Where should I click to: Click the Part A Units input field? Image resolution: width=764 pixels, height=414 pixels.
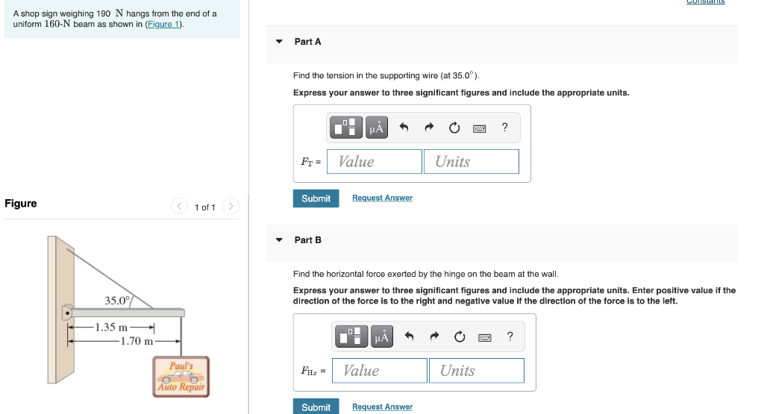pyautogui.click(x=472, y=162)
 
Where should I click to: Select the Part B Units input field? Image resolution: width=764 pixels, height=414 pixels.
pyautogui.click(x=476, y=371)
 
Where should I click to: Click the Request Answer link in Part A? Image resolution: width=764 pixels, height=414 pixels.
pyautogui.click(x=382, y=198)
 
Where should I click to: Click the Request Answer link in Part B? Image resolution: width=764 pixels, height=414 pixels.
pyautogui.click(x=382, y=407)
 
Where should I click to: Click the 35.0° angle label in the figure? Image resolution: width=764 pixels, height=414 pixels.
pyautogui.click(x=117, y=301)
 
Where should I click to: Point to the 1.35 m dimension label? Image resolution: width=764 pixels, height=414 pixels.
pyautogui.click(x=111, y=327)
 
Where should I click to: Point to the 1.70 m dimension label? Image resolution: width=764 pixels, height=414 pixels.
pyautogui.click(x=137, y=341)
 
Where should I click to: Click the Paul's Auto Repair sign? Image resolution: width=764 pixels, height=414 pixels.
pyautogui.click(x=181, y=377)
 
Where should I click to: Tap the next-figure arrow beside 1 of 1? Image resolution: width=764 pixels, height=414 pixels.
pyautogui.click(x=231, y=207)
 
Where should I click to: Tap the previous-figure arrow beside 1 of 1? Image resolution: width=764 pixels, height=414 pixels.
pyautogui.click(x=179, y=207)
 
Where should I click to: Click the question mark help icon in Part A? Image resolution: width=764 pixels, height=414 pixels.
pyautogui.click(x=505, y=128)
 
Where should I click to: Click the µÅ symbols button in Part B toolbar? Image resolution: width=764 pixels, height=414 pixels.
pyautogui.click(x=381, y=336)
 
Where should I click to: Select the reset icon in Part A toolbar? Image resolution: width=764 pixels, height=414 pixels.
pyautogui.click(x=454, y=128)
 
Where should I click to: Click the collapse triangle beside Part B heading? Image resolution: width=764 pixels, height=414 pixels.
pyautogui.click(x=279, y=240)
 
